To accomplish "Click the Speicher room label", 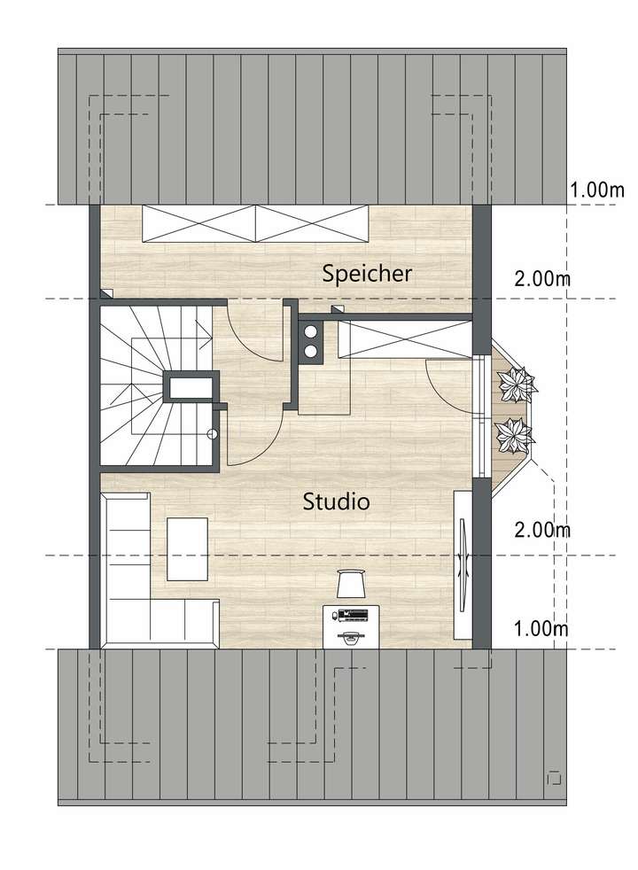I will pos(367,274).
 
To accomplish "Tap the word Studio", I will pos(336,502).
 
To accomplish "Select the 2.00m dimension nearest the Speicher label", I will pos(541,279).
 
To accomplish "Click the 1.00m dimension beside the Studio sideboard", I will pos(541,629).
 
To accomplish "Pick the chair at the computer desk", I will pos(352,584).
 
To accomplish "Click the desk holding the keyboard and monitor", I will pos(352,625).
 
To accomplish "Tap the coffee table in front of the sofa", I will pos(187,548).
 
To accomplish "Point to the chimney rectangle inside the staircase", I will pos(190,387).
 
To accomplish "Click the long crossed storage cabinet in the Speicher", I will pos(255,221).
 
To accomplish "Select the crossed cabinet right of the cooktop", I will pos(404,340).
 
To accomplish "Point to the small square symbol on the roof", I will pos(555,778).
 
